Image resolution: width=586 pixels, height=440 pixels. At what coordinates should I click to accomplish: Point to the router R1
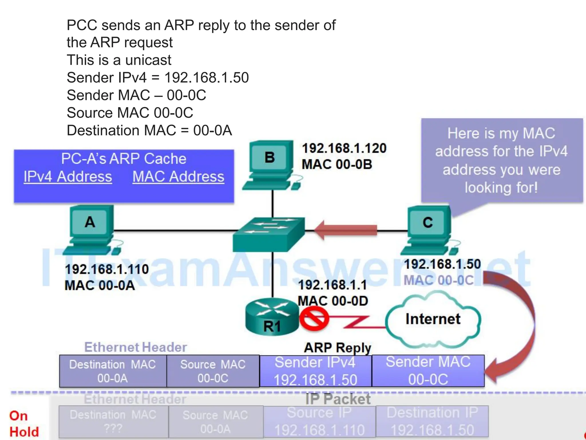click(x=272, y=317)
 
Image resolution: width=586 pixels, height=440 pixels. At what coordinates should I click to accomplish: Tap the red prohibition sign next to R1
click(x=314, y=319)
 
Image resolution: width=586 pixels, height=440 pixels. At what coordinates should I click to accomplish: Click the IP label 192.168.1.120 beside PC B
click(x=344, y=148)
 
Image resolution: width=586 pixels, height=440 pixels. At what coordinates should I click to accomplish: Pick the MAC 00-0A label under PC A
click(x=100, y=285)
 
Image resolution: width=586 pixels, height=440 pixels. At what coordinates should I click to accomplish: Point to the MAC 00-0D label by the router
click(x=333, y=301)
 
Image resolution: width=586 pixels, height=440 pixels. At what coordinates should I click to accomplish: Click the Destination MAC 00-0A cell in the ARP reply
click(x=113, y=371)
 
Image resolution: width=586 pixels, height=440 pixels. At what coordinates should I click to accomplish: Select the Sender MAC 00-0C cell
click(x=428, y=371)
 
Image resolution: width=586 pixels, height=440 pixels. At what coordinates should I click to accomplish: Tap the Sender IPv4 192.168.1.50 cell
click(x=315, y=371)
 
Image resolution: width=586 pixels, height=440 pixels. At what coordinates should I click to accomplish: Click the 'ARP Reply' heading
click(x=337, y=348)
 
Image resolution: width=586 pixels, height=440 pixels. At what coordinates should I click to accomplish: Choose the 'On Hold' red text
click(x=24, y=424)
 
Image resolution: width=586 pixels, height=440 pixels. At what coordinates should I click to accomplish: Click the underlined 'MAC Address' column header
click(x=178, y=176)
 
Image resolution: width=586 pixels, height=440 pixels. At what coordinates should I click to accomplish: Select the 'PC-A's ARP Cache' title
click(x=124, y=158)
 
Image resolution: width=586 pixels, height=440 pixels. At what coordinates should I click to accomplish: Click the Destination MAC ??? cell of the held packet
click(x=113, y=422)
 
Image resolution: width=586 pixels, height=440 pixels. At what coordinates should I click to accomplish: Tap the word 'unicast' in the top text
click(x=148, y=60)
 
